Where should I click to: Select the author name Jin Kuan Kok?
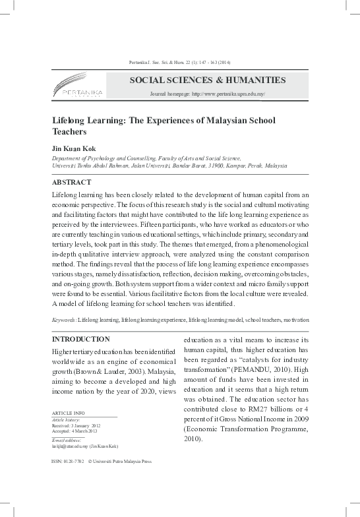(x=74, y=148)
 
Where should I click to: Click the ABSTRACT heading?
(x=71, y=182)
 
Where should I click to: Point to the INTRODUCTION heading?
(x=80, y=339)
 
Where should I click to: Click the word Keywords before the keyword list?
(x=63, y=319)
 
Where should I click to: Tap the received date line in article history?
(x=76, y=426)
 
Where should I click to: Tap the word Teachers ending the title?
(x=69, y=132)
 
